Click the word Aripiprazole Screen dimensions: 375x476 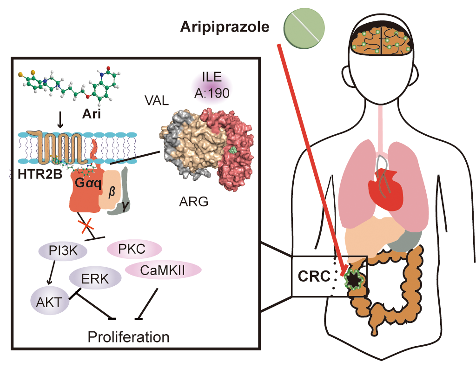coord(225,27)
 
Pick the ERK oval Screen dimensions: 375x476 coord(95,278)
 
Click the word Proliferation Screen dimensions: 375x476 coord(128,336)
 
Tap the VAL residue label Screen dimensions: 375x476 coord(156,100)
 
